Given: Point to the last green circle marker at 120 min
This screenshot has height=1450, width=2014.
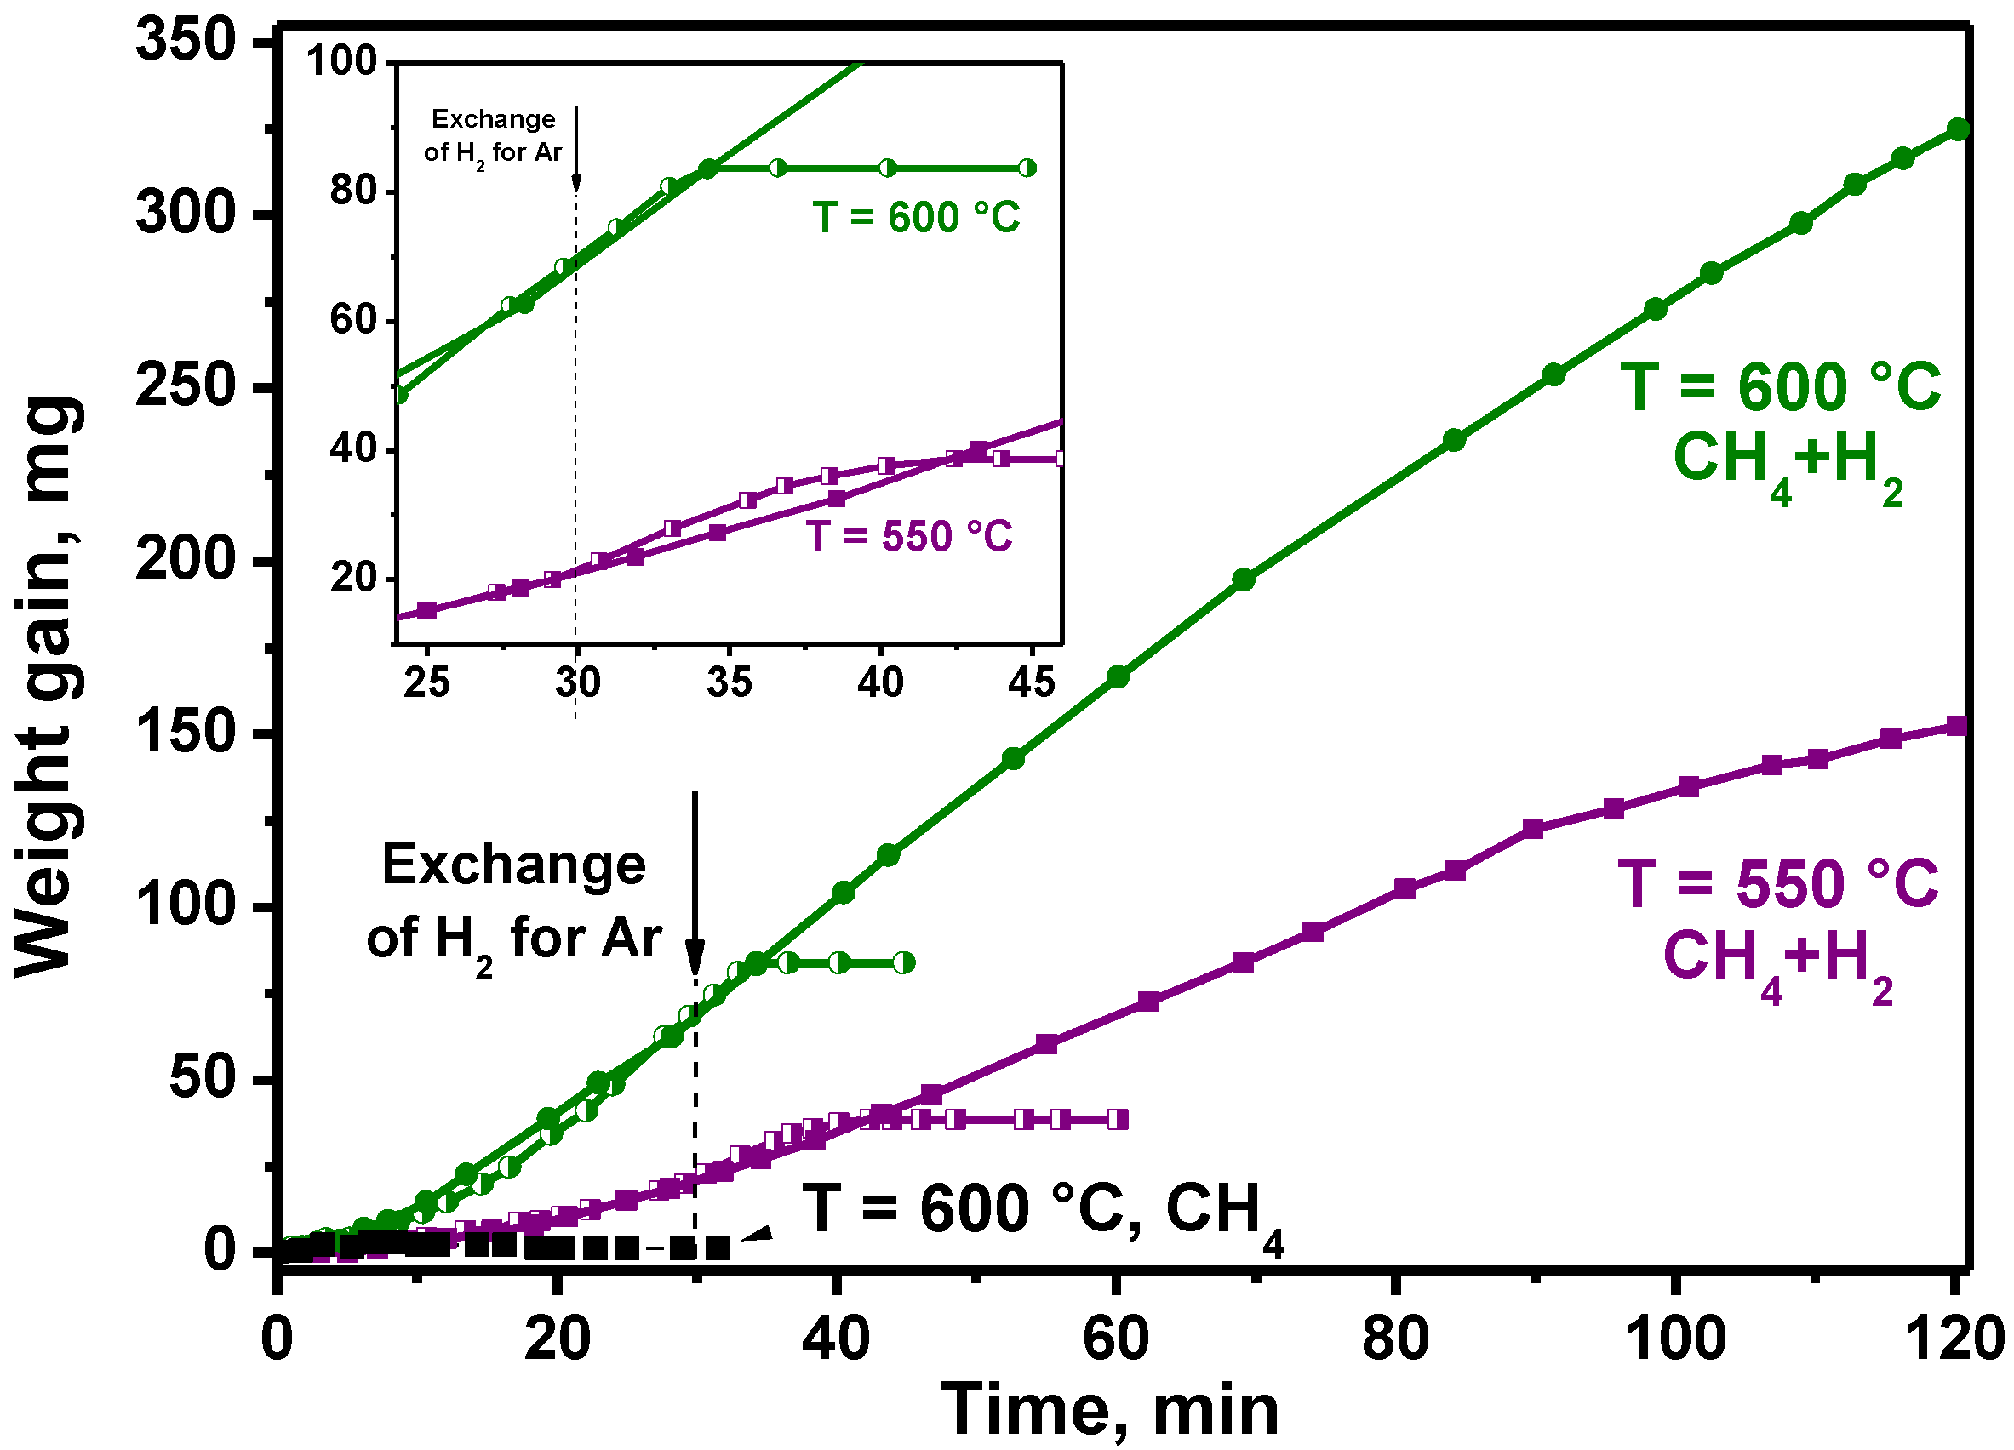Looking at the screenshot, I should pyautogui.click(x=1957, y=129).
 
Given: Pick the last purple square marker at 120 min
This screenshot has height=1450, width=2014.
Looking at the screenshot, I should pyautogui.click(x=1956, y=727).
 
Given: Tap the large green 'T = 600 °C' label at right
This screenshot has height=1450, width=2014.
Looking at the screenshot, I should pyautogui.click(x=1781, y=388).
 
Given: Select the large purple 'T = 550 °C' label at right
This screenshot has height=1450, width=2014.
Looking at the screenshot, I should pyautogui.click(x=1778, y=884).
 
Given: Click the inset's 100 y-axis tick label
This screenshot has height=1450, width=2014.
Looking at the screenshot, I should pyautogui.click(x=342, y=61).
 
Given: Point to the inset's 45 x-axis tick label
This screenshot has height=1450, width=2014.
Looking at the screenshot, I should pyautogui.click(x=1032, y=682).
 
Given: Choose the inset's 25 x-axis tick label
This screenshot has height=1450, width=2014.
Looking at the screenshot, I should pyautogui.click(x=426, y=682).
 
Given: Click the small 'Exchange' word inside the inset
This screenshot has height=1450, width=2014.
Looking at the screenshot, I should pyautogui.click(x=493, y=119).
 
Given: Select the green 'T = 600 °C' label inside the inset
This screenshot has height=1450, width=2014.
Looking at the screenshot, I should pyautogui.click(x=917, y=218).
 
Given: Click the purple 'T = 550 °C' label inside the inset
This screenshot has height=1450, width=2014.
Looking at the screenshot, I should pyautogui.click(x=909, y=536).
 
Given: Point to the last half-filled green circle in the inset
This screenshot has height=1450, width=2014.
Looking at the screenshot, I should pyautogui.click(x=1027, y=168).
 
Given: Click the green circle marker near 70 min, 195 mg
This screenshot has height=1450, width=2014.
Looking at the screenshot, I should pyautogui.click(x=1243, y=579).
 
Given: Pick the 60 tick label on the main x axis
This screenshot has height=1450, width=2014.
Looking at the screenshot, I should pyautogui.click(x=1116, y=1339).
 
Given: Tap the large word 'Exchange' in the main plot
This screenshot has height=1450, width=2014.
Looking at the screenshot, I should pyautogui.click(x=513, y=865).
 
